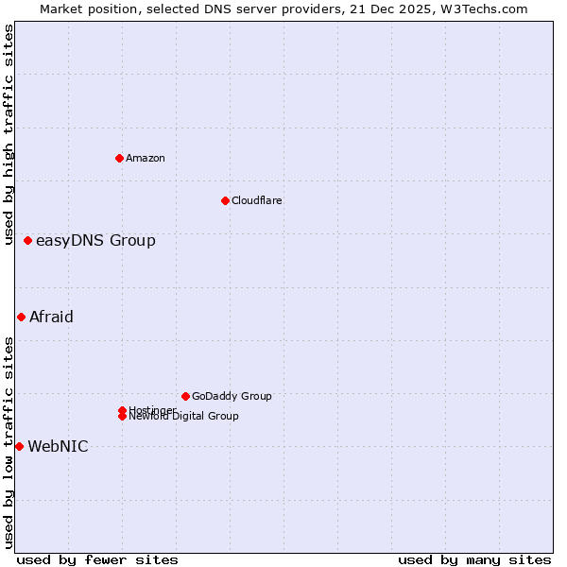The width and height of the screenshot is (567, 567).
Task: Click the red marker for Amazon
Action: point(119,158)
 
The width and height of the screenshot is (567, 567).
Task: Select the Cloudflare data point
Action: point(225,200)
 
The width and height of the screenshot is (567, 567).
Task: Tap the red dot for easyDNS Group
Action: point(28,241)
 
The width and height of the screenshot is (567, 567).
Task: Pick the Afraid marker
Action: point(21,318)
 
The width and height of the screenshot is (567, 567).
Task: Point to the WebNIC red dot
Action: point(19,446)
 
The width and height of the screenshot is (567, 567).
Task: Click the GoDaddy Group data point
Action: point(185,396)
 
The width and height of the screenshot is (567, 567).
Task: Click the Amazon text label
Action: point(145,158)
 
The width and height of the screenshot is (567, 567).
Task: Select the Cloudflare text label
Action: point(256,200)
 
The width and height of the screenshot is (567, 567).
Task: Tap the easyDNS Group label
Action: point(95,241)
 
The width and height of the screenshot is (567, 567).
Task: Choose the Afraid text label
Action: point(51,318)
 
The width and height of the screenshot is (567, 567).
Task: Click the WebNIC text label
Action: point(58,447)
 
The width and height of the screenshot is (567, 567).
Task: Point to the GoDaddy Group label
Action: point(232,396)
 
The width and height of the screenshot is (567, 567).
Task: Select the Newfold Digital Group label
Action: point(183,416)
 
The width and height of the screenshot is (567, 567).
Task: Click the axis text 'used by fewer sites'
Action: point(97,559)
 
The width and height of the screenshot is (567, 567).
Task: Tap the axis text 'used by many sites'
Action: point(474,559)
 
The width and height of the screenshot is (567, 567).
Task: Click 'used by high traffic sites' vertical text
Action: point(9,134)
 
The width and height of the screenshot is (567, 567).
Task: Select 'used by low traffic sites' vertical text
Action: point(9,442)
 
